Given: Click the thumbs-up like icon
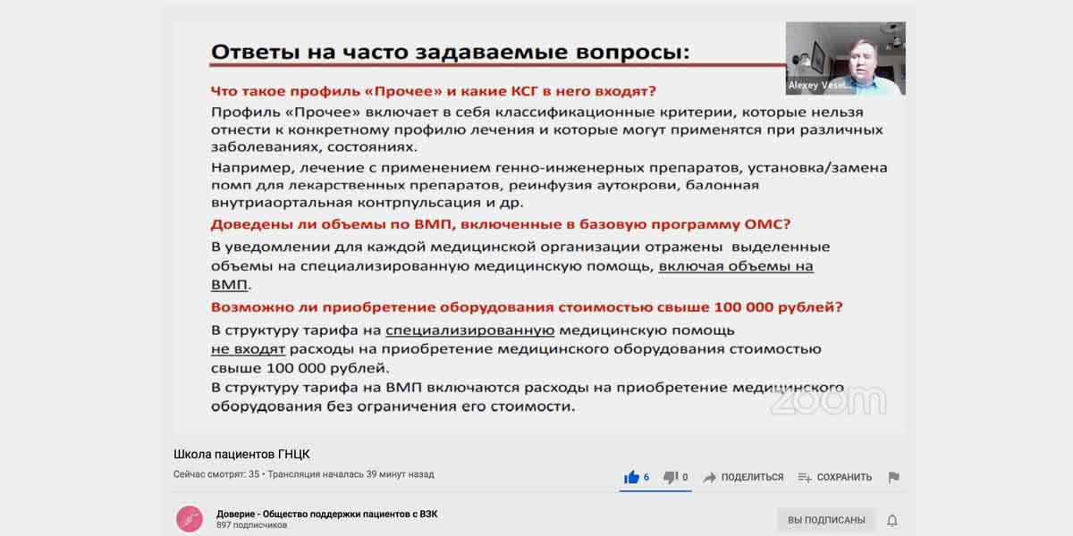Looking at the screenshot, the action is (x=631, y=477).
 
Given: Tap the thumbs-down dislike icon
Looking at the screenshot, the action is (x=670, y=477).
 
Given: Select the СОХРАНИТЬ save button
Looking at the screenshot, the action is (x=834, y=477).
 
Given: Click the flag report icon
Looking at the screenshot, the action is (x=893, y=477).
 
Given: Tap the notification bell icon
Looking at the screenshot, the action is (x=892, y=520).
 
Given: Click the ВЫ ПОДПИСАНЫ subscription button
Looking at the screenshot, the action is (x=826, y=520).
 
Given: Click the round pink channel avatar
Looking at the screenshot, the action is (x=190, y=519).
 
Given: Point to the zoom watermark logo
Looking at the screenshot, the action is (x=828, y=400).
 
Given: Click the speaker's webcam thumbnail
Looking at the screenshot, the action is (x=846, y=58).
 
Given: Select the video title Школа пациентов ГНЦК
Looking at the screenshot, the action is (x=241, y=454).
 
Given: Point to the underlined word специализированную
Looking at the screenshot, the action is (x=470, y=331).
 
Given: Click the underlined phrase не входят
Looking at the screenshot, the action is (x=249, y=349).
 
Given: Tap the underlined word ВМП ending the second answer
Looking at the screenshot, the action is (x=229, y=285).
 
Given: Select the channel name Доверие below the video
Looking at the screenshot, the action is (x=235, y=514).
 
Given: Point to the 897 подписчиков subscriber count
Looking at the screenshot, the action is (x=252, y=525).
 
